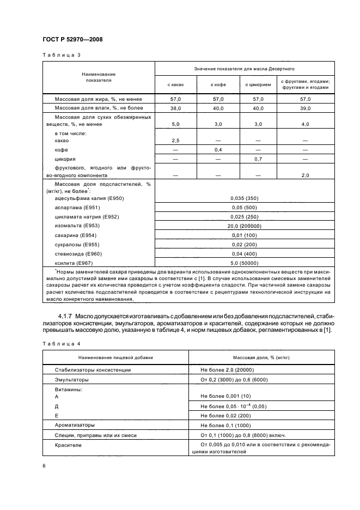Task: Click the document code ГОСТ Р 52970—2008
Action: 72,39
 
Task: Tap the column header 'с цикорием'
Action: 257,84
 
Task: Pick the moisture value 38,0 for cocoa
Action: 175,108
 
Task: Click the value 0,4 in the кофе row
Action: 218,149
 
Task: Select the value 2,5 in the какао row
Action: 175,141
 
